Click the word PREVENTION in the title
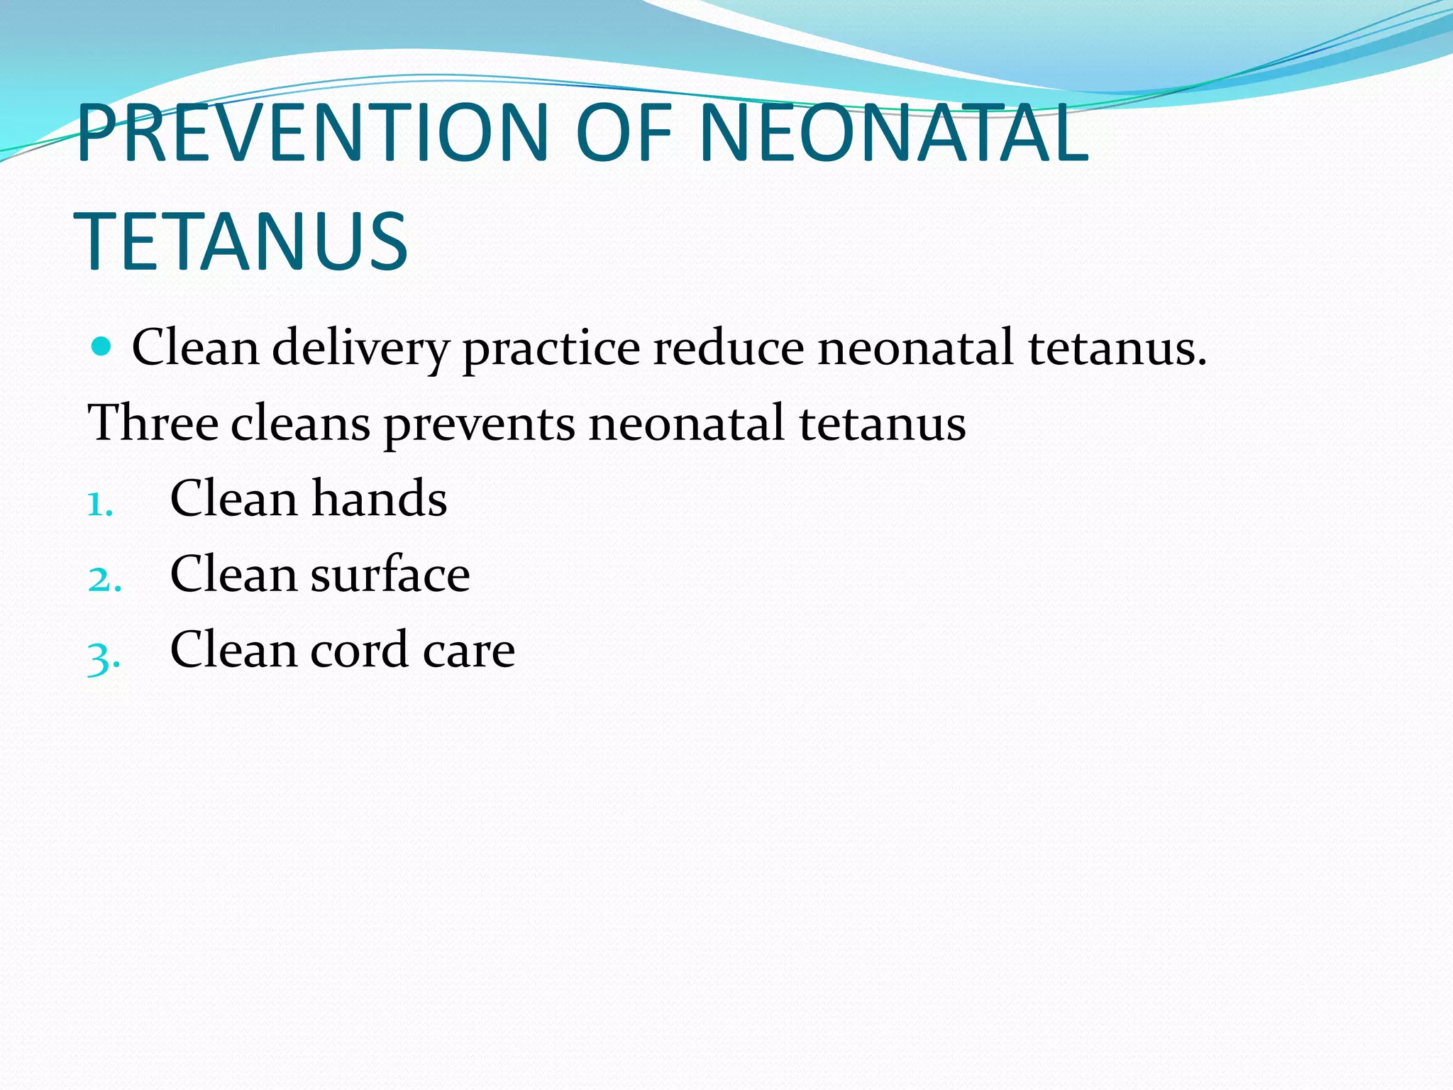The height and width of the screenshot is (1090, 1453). (x=313, y=133)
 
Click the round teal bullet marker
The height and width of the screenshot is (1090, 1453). (x=102, y=346)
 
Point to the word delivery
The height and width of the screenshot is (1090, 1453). (x=360, y=349)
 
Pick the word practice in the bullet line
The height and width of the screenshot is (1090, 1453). (x=551, y=349)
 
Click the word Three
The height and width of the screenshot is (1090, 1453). (x=153, y=423)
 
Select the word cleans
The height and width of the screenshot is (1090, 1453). (x=300, y=424)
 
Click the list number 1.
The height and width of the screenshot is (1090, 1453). (x=99, y=505)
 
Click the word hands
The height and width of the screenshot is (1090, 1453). (x=380, y=498)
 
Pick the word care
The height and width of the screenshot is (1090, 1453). (x=469, y=651)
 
